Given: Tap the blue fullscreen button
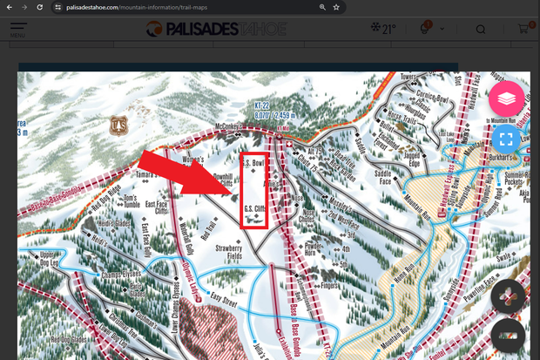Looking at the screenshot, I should [506, 139].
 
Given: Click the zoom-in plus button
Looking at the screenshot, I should [508, 296].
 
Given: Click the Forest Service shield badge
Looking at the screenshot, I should [119, 126].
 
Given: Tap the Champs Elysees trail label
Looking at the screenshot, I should [123, 275].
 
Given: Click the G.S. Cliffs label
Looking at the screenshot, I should [254, 210].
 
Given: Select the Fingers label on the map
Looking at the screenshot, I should [329, 284].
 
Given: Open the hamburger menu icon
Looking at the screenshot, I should [17, 30].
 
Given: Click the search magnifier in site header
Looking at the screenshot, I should [481, 30].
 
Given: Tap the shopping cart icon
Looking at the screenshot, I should [523, 30].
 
